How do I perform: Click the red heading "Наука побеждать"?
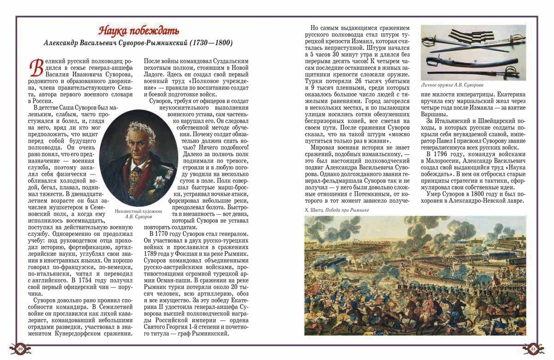coord(138,31)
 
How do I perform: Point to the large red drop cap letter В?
coord(34,68)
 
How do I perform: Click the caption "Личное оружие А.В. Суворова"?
coord(452,85)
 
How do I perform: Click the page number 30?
coord(20,348)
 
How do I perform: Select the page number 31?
coord(533,348)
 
